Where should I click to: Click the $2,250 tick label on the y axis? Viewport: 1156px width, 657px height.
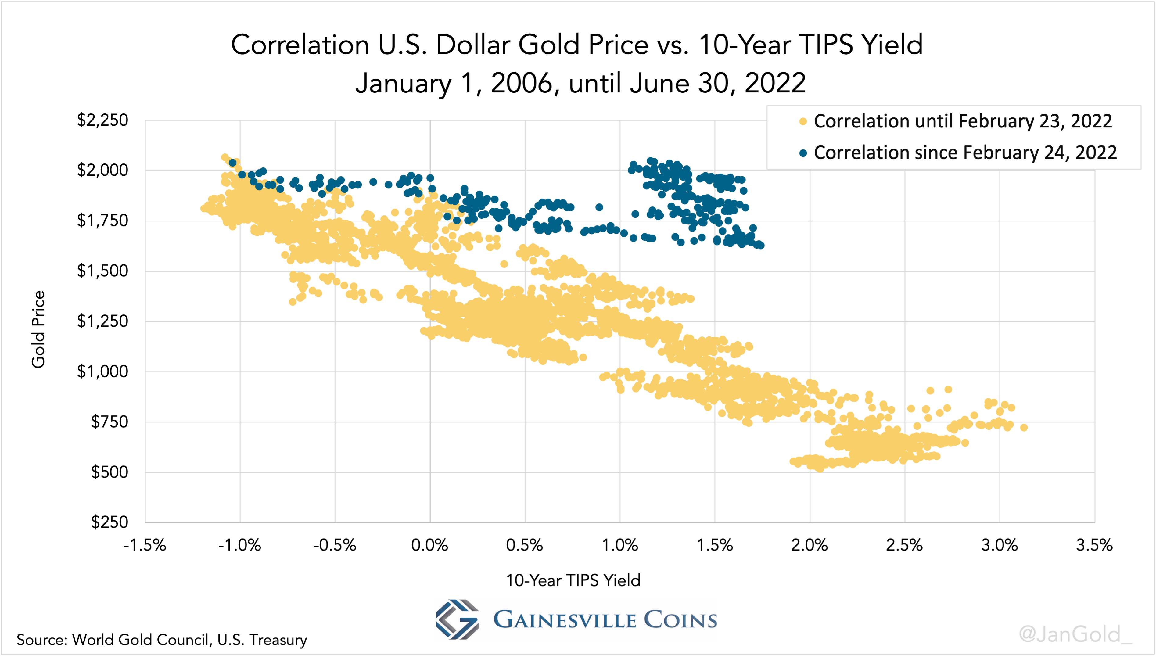(102, 120)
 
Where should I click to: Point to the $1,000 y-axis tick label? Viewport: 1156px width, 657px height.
(102, 372)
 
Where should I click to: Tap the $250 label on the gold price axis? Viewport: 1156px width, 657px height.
(109, 522)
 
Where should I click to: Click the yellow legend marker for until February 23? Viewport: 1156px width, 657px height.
(803, 121)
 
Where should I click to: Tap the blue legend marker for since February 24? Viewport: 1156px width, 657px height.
(803, 153)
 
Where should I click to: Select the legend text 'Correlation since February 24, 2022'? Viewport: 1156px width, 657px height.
(965, 153)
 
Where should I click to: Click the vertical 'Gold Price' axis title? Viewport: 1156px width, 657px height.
(38, 329)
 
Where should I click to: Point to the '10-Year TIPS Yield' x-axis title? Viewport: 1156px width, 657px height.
(573, 580)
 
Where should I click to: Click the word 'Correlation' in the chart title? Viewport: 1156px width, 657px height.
(300, 45)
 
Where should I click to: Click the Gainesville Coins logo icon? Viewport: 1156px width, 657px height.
(457, 619)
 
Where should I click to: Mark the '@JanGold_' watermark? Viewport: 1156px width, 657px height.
(1075, 634)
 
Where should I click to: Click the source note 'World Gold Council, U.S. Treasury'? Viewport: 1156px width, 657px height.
(189, 640)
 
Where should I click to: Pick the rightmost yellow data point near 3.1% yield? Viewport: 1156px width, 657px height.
(1024, 427)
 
